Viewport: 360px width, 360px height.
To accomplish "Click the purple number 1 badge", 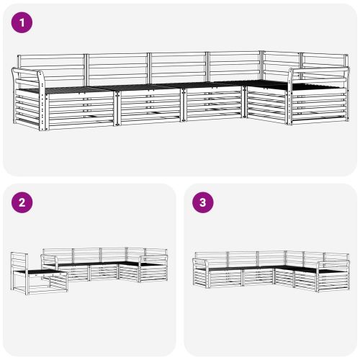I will [23, 23].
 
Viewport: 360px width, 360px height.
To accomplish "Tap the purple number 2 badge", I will [23, 203].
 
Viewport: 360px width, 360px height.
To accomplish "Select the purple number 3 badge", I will [203, 203].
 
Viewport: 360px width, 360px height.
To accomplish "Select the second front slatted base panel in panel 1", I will [149, 107].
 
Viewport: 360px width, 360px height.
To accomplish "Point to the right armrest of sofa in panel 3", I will [332, 265].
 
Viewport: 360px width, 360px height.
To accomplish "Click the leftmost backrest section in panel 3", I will [210, 258].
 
